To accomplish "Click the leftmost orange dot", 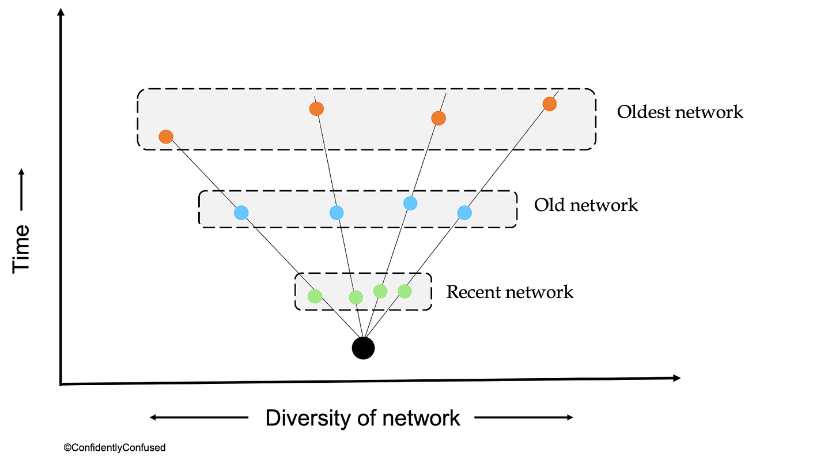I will click(x=166, y=137).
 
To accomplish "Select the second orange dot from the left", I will click(x=316, y=108).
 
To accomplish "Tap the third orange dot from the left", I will click(x=439, y=118).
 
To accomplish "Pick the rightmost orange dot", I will click(x=549, y=104).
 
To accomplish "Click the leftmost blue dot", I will click(x=241, y=213).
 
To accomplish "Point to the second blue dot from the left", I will click(x=337, y=213).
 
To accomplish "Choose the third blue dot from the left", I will click(x=410, y=203).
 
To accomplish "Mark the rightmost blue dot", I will click(x=464, y=213).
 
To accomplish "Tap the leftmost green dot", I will click(x=315, y=296).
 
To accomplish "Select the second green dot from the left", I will click(x=356, y=297).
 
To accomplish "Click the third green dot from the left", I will click(x=380, y=291).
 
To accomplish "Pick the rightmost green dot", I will click(x=405, y=291).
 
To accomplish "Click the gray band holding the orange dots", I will click(x=242, y=115).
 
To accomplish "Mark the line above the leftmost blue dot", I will click(x=229, y=199).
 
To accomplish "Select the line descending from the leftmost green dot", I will click(x=329, y=304).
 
